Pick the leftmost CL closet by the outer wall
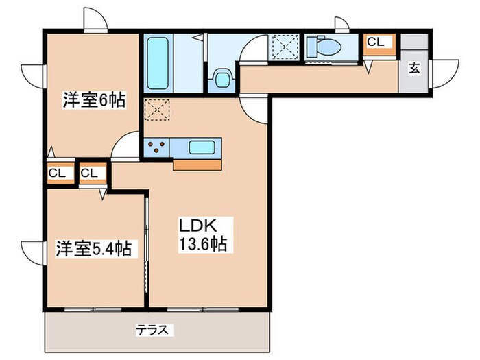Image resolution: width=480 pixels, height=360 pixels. tap(58, 173)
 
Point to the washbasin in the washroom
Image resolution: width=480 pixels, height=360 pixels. tap(221, 77)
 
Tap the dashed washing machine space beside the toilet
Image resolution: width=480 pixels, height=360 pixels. tap(283, 47)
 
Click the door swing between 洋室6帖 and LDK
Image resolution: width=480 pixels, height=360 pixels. tap(126, 145)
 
